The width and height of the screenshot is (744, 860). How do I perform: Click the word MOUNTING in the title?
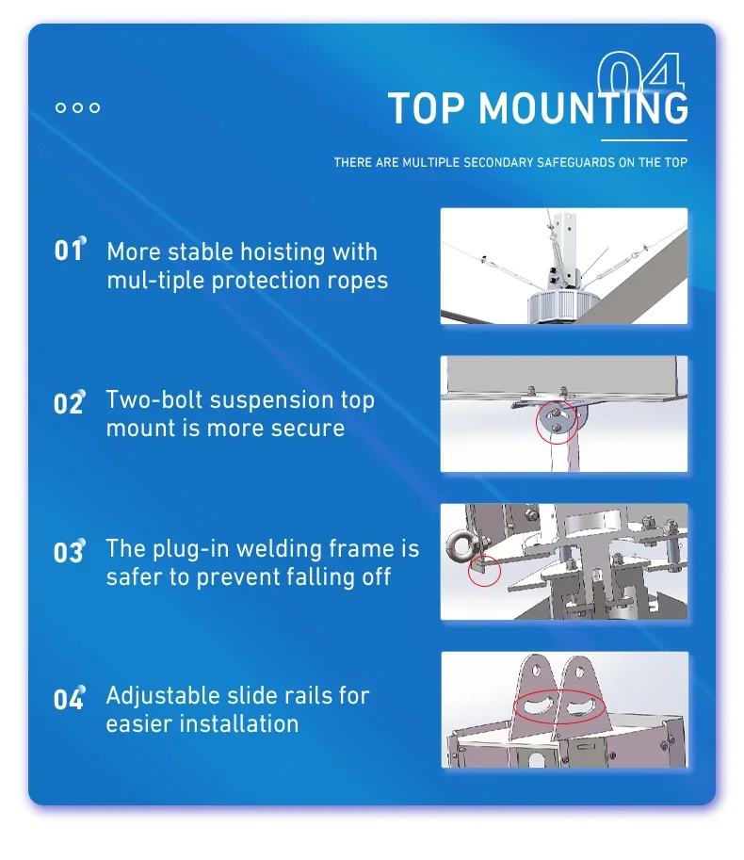point(583,107)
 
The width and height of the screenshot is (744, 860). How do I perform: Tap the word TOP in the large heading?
point(427,108)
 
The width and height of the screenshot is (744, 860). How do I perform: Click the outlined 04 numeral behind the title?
point(640,72)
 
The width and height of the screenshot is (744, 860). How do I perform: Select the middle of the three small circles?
point(78,107)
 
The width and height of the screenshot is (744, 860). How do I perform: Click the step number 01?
point(69,251)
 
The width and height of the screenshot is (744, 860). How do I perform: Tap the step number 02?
point(69,403)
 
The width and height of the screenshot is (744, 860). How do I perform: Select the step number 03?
point(69,551)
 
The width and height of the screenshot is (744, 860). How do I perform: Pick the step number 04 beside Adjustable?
point(69,699)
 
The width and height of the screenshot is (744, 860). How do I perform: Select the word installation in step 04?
point(239,724)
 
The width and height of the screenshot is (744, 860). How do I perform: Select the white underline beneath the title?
point(644,140)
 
